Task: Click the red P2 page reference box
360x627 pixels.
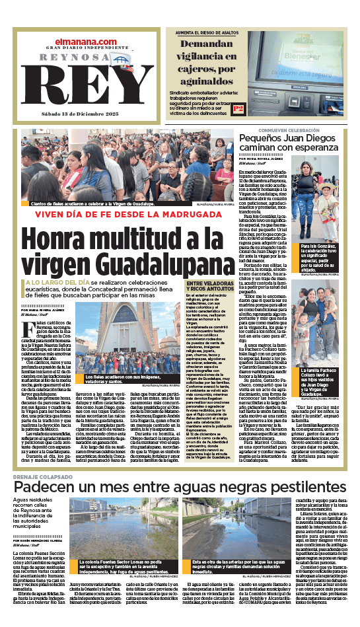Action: [239, 108]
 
